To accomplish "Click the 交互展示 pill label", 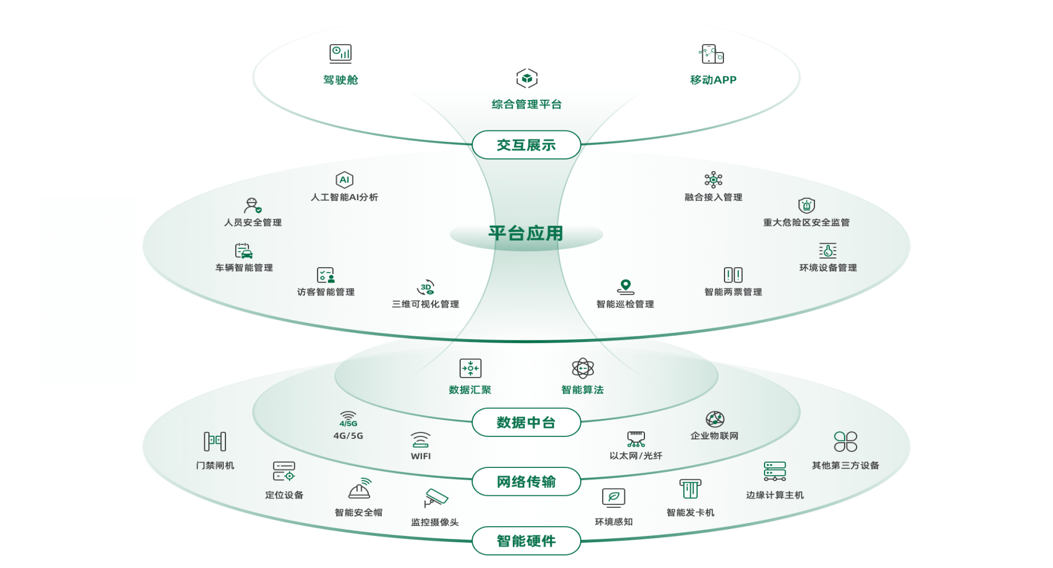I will (526, 145).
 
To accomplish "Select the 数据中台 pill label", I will (526, 423).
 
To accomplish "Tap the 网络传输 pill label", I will (526, 482).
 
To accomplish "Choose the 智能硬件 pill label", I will (526, 541).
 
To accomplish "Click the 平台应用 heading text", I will (526, 233).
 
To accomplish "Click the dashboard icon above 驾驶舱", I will (341, 54).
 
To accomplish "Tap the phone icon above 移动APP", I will (712, 54).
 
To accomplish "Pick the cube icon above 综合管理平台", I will (526, 78).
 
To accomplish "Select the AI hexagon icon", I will (344, 180).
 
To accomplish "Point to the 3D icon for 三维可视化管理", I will (426, 287).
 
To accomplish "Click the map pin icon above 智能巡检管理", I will (625, 286).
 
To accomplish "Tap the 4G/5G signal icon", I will (348, 419).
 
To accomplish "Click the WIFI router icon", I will (421, 440).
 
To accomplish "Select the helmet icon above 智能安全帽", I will (359, 489).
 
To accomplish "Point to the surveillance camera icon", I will (435, 498).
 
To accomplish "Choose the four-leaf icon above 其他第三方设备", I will (845, 442).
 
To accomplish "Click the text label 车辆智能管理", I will (244, 268).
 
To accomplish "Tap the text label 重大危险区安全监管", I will (806, 223).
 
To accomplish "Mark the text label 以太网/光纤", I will (635, 456).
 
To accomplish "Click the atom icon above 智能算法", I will (583, 368).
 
